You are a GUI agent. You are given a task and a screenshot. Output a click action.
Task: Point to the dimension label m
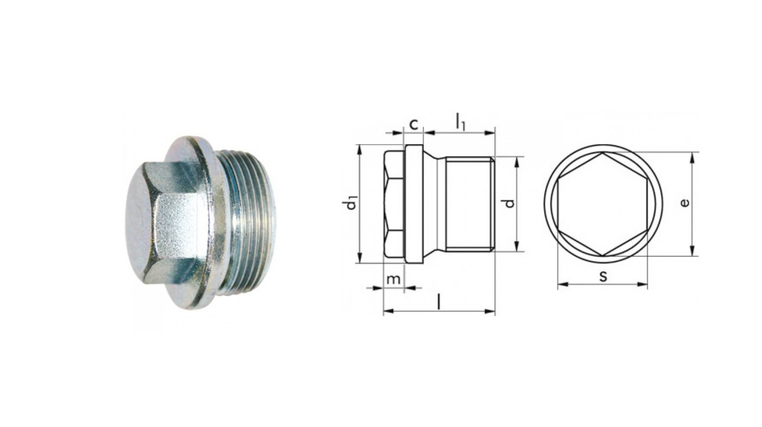pos(394,279)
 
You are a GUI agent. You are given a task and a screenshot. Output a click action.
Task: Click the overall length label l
pos(439,302)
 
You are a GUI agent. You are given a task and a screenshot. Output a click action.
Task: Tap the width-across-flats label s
pos(603,276)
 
